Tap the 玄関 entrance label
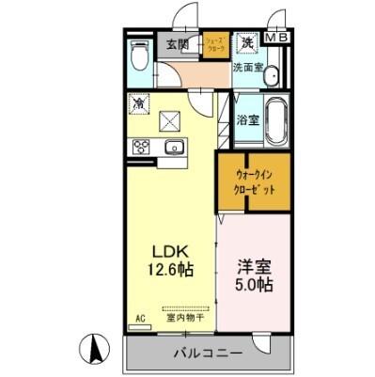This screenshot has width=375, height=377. (178, 44)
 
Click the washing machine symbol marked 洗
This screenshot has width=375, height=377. (247, 42)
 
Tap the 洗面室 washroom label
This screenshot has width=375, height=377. (249, 68)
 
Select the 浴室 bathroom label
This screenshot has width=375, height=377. (247, 120)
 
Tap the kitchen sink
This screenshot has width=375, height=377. (174, 147)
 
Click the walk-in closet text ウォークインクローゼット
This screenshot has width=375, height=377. (255, 179)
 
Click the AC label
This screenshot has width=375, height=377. (140, 318)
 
